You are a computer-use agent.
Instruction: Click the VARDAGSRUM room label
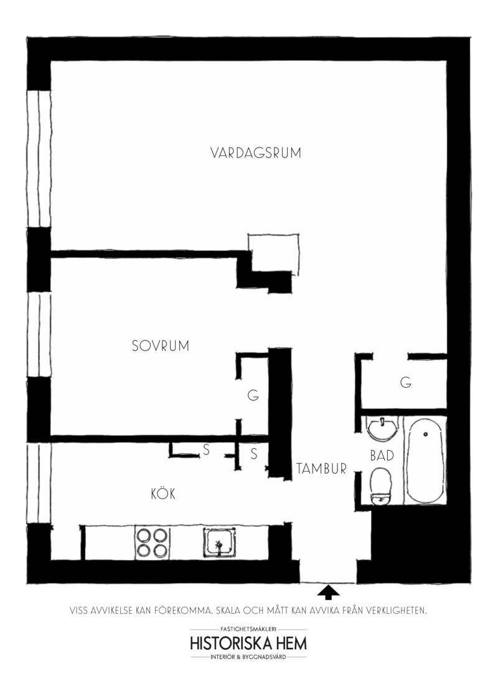coord(255,153)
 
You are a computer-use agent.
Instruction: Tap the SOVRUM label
coord(160,345)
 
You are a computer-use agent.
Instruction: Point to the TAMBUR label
coord(321,469)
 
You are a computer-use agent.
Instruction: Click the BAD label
coord(382,456)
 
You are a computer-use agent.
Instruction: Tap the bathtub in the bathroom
coord(425,461)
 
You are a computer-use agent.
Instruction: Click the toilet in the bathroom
coord(381,486)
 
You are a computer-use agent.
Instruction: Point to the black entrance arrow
coord(328,593)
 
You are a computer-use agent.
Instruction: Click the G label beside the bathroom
coord(405,382)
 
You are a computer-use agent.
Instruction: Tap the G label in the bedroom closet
coord(253,395)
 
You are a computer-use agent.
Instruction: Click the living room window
coord(39,159)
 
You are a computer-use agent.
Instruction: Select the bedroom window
coord(39,335)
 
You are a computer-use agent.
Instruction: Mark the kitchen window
coord(39,484)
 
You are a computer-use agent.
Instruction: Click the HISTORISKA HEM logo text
coord(248,643)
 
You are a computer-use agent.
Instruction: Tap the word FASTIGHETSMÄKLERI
coord(248,629)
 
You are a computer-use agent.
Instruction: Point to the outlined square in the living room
coord(273,235)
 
